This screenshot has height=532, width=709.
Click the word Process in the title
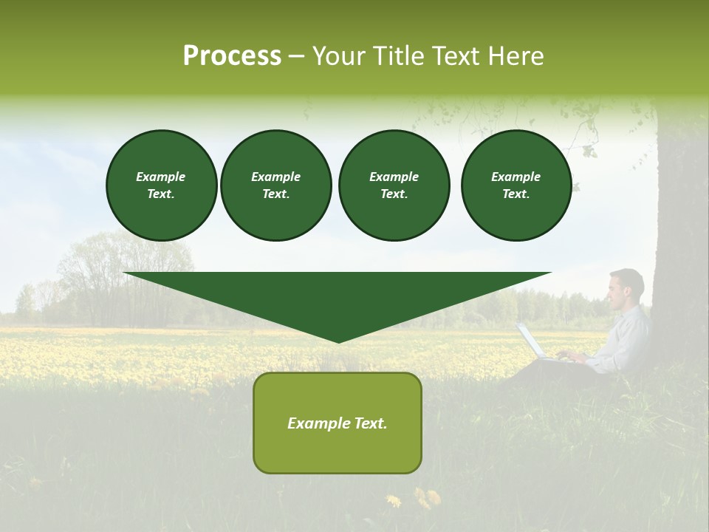point(232,56)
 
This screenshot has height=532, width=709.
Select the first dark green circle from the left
point(161,185)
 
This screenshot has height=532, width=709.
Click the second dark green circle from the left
point(275,185)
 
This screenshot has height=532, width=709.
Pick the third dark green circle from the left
point(394,185)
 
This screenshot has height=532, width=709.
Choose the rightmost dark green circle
point(516,185)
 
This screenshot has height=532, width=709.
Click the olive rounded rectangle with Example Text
point(337,423)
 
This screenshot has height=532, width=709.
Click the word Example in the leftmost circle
point(160,177)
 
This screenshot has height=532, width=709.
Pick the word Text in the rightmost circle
point(516,194)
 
